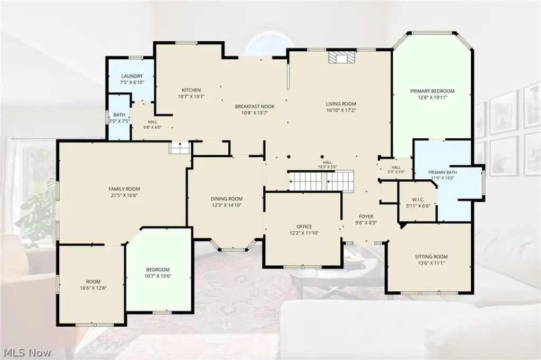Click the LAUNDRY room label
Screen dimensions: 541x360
(132, 76)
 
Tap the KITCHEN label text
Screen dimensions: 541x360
(191, 90)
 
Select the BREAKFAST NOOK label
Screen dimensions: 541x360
(255, 107)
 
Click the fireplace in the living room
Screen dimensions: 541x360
(341, 58)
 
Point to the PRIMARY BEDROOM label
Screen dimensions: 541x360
(432, 91)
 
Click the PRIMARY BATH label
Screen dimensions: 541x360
(442, 173)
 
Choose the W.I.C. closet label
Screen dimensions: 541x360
(418, 200)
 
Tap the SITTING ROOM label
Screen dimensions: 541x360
(431, 257)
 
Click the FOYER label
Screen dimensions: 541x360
(366, 216)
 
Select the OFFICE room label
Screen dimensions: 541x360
(304, 226)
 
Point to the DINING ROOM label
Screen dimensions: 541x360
(227, 198)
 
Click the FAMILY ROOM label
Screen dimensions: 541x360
(124, 189)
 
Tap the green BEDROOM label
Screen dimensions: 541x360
(158, 270)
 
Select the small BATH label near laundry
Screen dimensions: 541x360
(119, 115)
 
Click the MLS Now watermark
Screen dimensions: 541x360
(27, 353)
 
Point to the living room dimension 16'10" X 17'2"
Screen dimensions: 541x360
(341, 110)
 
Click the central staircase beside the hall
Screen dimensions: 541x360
(321, 181)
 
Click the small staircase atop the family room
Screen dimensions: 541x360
(180, 148)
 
